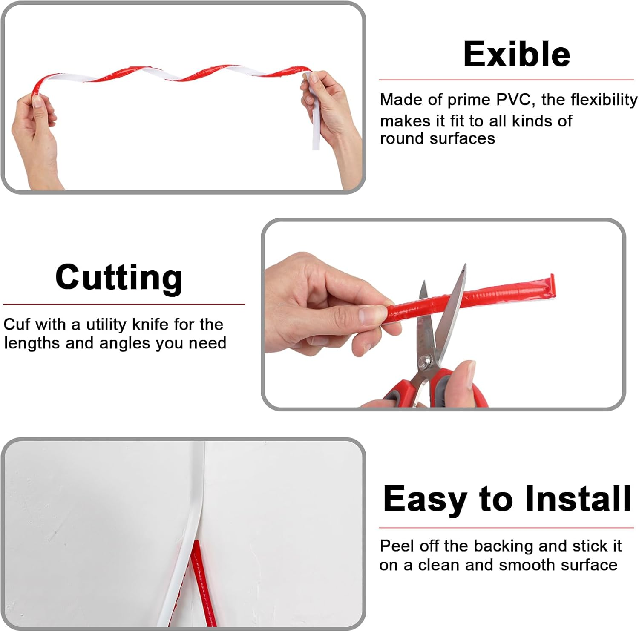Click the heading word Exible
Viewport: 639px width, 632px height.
[x=516, y=54]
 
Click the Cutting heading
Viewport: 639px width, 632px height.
[x=119, y=277]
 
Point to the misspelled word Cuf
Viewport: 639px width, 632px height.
[x=16, y=325]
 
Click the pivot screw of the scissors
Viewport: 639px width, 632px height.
[x=425, y=362]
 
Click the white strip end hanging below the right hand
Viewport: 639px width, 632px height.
[x=316, y=132]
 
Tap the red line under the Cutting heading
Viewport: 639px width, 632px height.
[x=124, y=304]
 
